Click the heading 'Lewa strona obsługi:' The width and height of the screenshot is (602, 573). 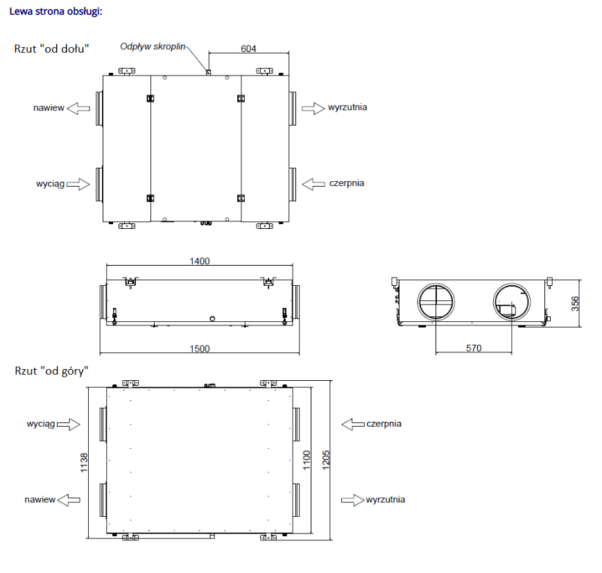55,12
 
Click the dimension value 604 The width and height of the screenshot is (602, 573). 248,49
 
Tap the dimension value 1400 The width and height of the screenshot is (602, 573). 199,261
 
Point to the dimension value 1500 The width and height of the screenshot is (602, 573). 199,348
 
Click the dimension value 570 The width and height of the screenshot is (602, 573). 474,348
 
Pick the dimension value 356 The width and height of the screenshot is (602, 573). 575,303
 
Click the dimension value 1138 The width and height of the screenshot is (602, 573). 83,462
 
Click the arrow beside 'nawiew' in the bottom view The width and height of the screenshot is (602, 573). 79,108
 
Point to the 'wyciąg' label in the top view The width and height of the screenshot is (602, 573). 41,423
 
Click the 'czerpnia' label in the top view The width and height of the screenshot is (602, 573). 384,423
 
